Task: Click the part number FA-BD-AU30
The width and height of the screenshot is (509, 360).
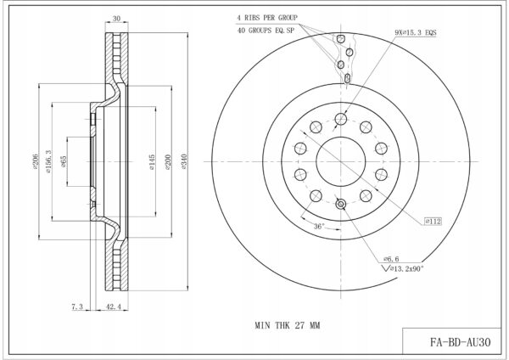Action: pyautogui.click(x=461, y=342)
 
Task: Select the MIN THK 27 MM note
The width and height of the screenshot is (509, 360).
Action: pyautogui.click(x=288, y=325)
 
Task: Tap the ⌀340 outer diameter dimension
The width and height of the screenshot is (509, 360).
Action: pyautogui.click(x=184, y=162)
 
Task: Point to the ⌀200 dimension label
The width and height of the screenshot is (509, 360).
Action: pyautogui.click(x=168, y=162)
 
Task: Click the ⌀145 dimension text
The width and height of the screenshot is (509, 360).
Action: pyautogui.click(x=152, y=162)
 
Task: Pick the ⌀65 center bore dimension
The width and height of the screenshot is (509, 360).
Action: pyautogui.click(x=64, y=161)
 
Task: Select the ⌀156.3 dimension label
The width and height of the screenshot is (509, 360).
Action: pyautogui.click(x=48, y=161)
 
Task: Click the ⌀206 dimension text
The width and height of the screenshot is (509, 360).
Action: pyautogui.click(x=35, y=161)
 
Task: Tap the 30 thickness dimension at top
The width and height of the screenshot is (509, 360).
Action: pyautogui.click(x=116, y=19)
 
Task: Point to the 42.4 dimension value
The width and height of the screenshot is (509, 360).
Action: pyautogui.click(x=114, y=307)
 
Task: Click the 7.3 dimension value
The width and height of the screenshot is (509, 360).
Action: pyautogui.click(x=77, y=307)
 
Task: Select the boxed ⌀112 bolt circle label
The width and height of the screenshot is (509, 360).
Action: pyautogui.click(x=433, y=222)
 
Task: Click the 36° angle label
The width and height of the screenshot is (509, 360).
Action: pyautogui.click(x=319, y=226)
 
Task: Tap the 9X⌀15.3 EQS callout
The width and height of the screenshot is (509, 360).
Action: pyautogui.click(x=416, y=32)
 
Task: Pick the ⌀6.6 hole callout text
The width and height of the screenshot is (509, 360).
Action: pyautogui.click(x=391, y=259)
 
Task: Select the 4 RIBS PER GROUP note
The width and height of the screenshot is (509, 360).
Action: pyautogui.click(x=267, y=18)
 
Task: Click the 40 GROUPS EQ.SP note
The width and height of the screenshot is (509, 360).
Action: pyautogui.click(x=266, y=31)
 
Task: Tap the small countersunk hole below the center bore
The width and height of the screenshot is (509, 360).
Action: pyautogui.click(x=340, y=204)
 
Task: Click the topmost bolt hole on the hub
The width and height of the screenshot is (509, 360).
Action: pyautogui.click(x=340, y=119)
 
